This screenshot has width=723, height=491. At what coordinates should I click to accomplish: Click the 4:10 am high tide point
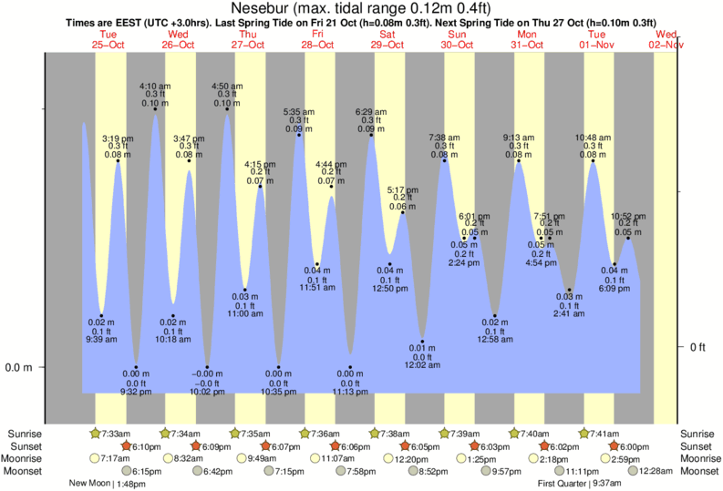[153, 110]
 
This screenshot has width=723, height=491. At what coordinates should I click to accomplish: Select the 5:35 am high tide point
[296, 135]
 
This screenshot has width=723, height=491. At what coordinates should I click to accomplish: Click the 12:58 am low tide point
[494, 315]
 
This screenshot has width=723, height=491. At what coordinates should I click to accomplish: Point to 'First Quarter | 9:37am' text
[580, 484]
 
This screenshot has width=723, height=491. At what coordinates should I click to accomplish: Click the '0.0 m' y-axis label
[19, 367]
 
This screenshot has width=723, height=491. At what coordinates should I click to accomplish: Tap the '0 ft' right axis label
[697, 347]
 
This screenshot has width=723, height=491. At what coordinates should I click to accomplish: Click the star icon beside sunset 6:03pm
[473, 446]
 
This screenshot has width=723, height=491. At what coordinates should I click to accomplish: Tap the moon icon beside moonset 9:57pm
[484, 471]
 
